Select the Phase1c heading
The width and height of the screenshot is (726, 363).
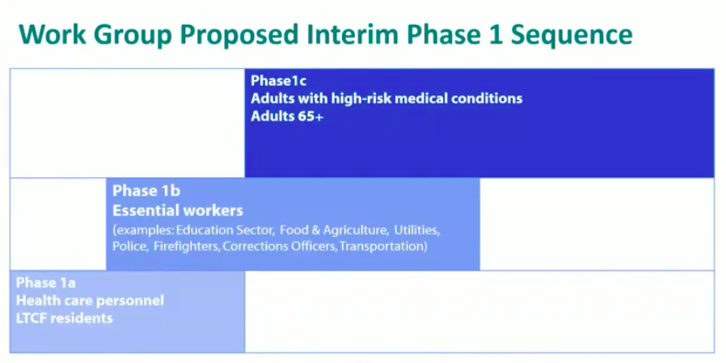(x=278, y=81)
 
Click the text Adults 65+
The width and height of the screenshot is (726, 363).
(x=287, y=116)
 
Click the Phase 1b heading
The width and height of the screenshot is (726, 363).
(x=146, y=191)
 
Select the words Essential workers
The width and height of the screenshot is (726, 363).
(x=178, y=211)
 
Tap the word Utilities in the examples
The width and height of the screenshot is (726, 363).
(x=416, y=230)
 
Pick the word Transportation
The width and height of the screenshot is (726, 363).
(x=382, y=247)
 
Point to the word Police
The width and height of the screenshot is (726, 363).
(x=131, y=247)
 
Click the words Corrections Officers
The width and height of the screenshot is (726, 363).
(x=279, y=247)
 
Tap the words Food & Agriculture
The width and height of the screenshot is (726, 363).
(x=334, y=230)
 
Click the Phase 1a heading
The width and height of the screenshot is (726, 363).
(x=46, y=282)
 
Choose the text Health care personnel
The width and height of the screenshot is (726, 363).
(x=90, y=301)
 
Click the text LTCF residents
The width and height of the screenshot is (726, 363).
(x=65, y=319)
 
